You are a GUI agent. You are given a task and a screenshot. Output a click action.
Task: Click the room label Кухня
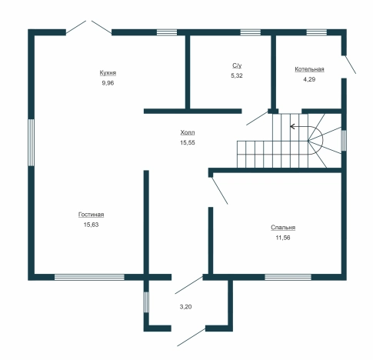(108, 73)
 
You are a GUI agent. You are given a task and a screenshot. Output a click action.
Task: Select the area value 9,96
(108, 83)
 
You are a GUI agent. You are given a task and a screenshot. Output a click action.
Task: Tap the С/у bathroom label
(237, 65)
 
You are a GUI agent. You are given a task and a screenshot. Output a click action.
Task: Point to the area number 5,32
(237, 75)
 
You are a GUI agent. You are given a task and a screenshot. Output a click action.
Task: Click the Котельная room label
(309, 69)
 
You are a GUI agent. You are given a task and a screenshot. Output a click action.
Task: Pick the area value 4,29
(309, 79)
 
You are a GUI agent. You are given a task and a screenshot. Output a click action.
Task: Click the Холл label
(188, 132)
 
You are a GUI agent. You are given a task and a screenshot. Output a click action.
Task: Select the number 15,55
(188, 143)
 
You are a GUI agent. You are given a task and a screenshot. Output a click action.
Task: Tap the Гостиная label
(91, 215)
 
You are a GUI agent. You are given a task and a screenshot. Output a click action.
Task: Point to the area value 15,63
(91, 225)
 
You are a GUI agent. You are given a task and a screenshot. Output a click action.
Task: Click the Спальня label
(283, 228)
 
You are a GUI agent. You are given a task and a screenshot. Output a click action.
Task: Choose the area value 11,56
(283, 238)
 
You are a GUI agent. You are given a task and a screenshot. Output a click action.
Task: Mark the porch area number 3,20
(185, 307)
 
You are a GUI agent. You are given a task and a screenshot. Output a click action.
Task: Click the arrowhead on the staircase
(292, 126)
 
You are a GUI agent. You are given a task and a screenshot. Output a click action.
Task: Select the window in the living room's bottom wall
(89, 277)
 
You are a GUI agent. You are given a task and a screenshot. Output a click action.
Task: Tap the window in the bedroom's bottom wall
(288, 277)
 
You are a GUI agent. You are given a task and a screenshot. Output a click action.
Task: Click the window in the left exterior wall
(31, 142)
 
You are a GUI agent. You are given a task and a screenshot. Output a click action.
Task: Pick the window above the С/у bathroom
(250, 32)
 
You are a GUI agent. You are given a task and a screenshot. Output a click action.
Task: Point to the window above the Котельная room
(317, 32)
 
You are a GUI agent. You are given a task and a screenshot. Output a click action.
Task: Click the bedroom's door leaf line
(219, 190)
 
